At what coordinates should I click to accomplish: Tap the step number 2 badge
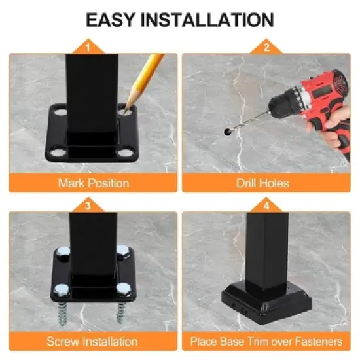266,47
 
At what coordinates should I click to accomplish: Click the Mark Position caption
93,183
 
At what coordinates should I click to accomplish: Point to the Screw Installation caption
92,341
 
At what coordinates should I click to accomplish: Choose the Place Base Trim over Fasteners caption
266,341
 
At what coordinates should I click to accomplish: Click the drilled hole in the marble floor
226,132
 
